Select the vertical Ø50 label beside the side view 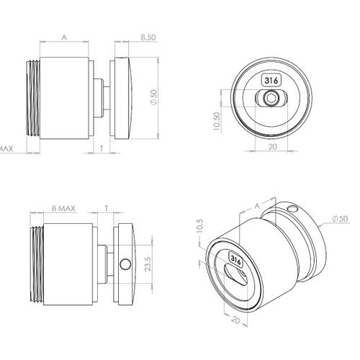coord(152,96)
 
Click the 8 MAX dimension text coord(65,208)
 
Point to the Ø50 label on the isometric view coord(338,218)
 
